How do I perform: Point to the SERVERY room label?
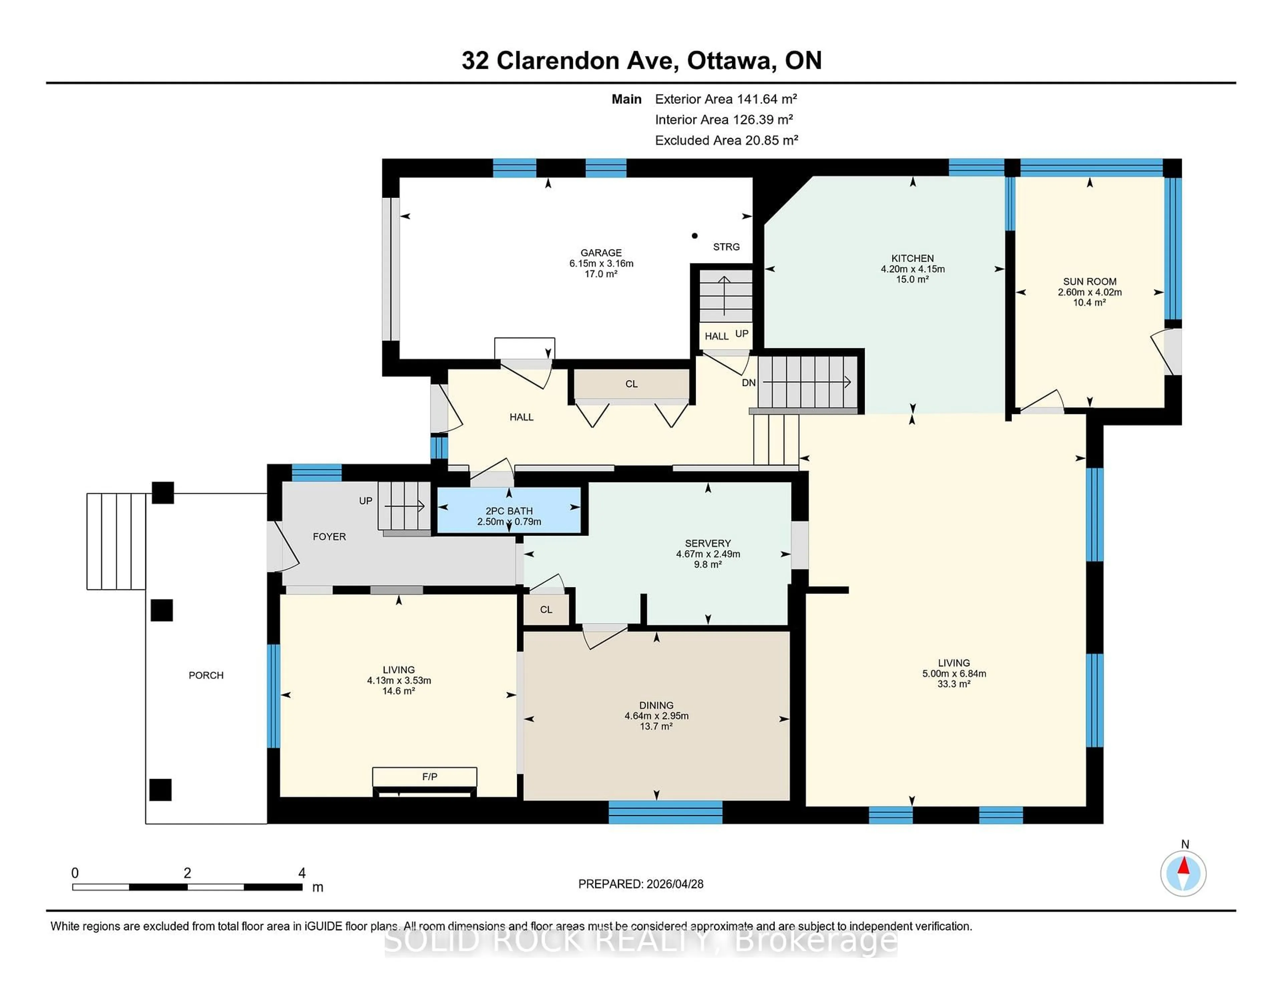pyautogui.click(x=707, y=543)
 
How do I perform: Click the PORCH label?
pyautogui.click(x=206, y=675)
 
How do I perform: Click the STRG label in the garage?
pyautogui.click(x=726, y=246)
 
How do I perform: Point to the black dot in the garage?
pyautogui.click(x=694, y=235)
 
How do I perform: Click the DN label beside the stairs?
pyautogui.click(x=749, y=383)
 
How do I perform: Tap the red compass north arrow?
pyautogui.click(x=1184, y=866)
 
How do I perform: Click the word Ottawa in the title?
pyautogui.click(x=729, y=60)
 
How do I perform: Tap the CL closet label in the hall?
pyautogui.click(x=631, y=384)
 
